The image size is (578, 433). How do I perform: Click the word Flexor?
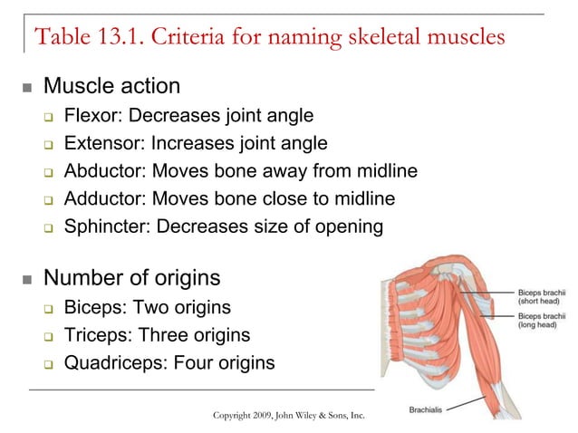pyautogui.click(x=89, y=116)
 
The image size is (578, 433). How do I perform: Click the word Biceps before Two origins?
pyautogui.click(x=93, y=308)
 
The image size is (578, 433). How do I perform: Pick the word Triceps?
pyautogui.click(x=96, y=335)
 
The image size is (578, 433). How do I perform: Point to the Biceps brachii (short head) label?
pyautogui.click(x=541, y=297)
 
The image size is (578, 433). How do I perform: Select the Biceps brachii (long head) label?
pyautogui.click(x=541, y=320)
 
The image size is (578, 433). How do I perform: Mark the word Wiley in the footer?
pyautogui.click(x=313, y=415)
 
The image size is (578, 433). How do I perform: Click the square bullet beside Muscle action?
pyautogui.click(x=26, y=89)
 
